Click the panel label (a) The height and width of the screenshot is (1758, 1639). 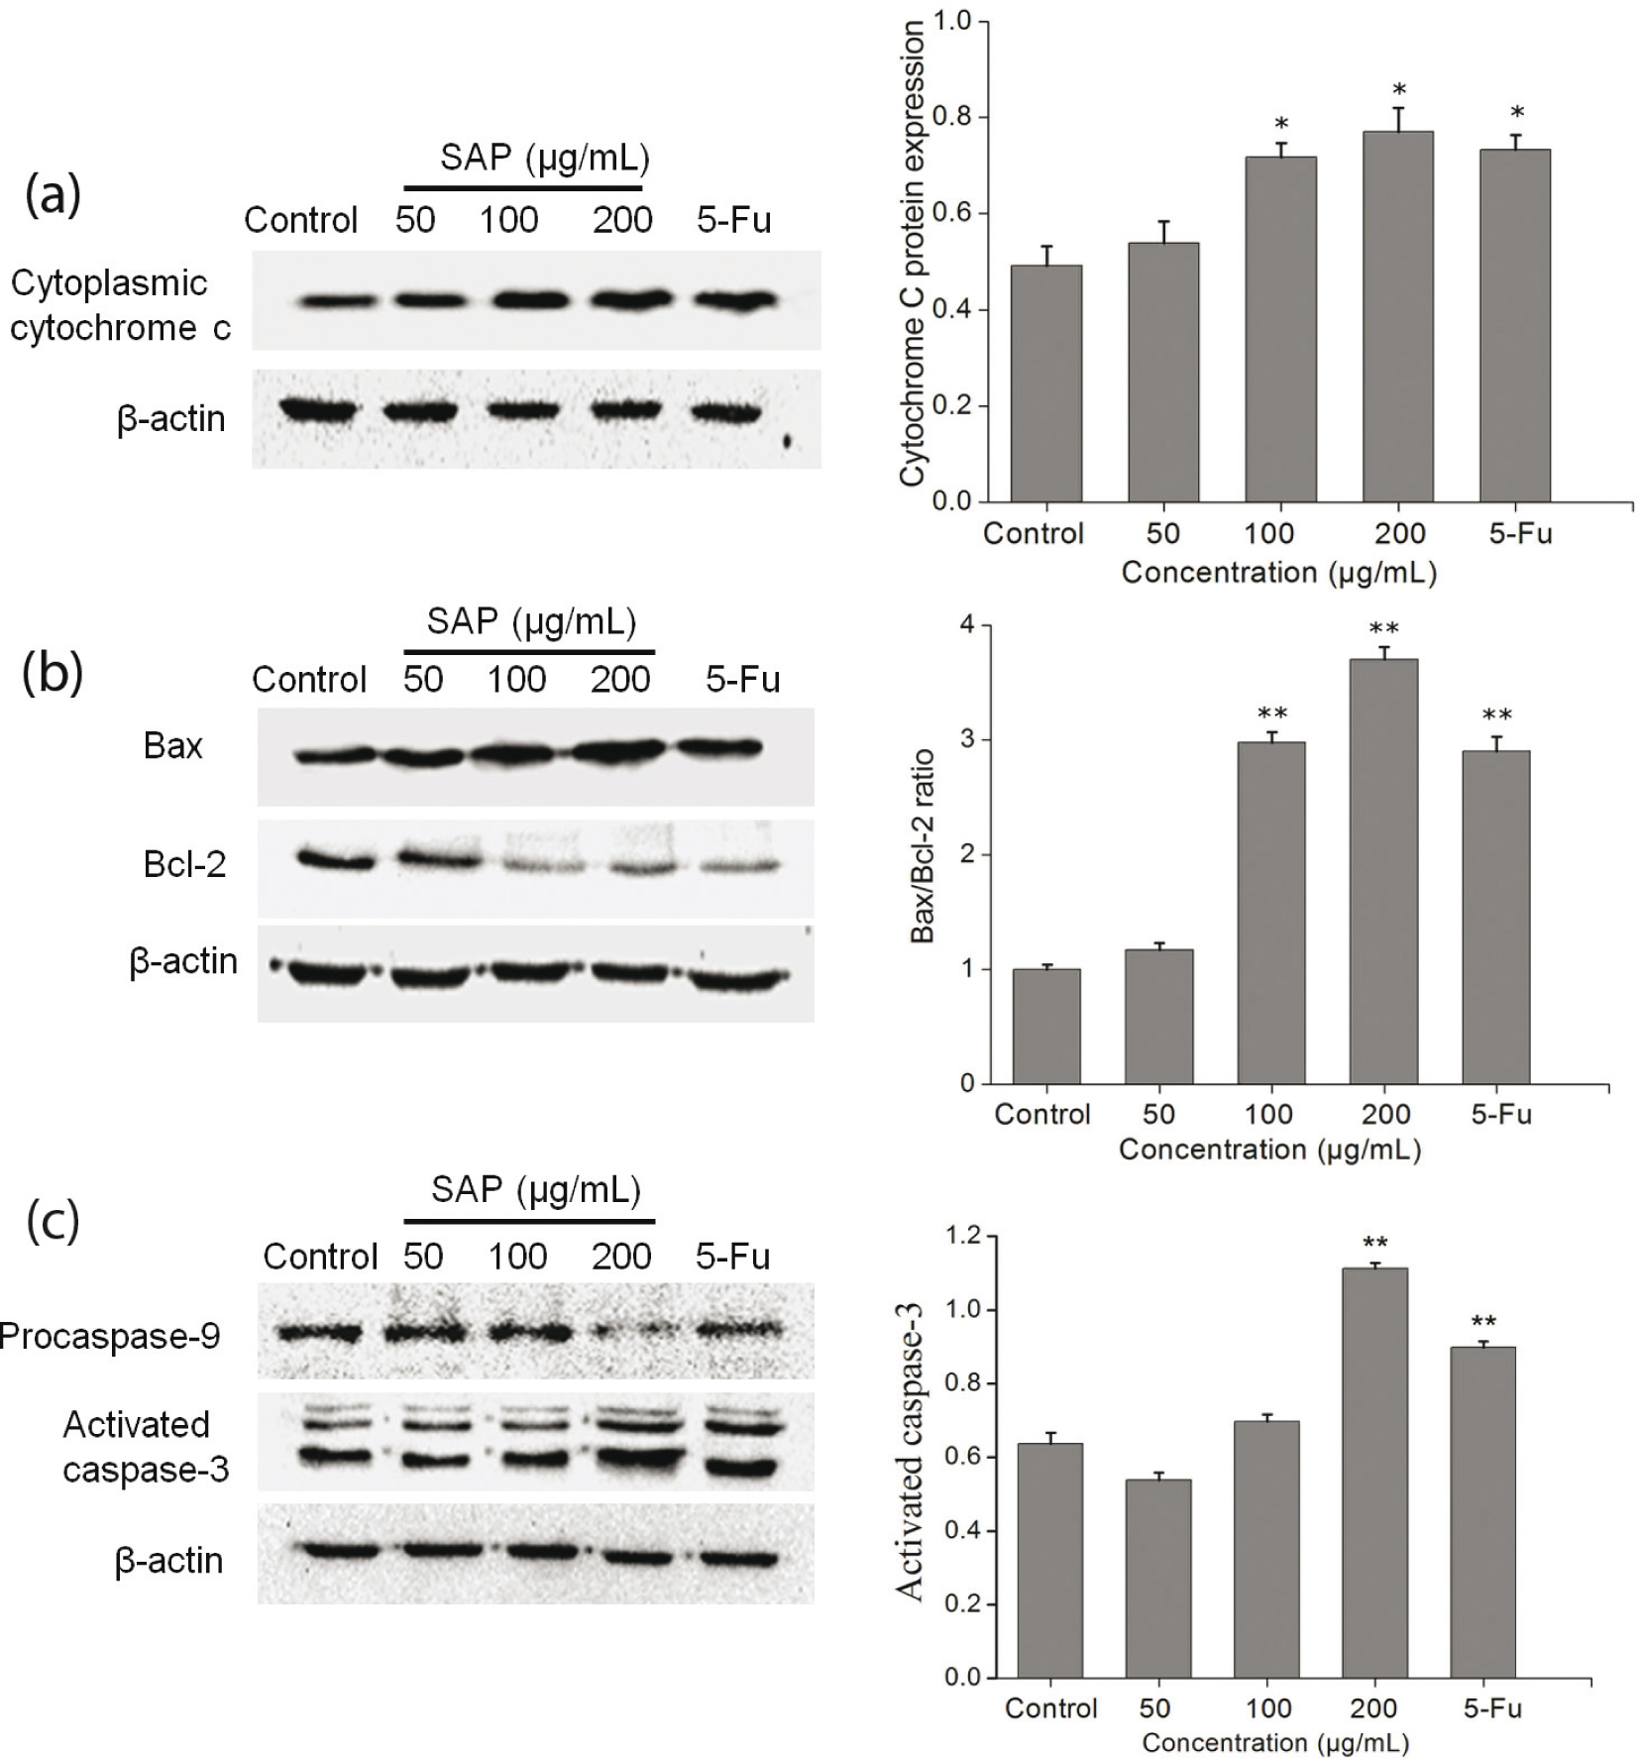pyautogui.click(x=52, y=194)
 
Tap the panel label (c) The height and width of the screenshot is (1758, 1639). pyautogui.click(x=52, y=1221)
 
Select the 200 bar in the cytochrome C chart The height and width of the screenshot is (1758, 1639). pyautogui.click(x=1397, y=317)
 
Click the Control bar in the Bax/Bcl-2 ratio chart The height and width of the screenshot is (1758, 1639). pyautogui.click(x=1046, y=1027)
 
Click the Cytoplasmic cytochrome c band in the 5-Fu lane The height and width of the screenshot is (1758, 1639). pyautogui.click(x=733, y=300)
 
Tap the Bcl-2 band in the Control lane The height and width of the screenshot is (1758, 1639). pyautogui.click(x=337, y=859)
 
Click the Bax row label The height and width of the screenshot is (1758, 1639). pyautogui.click(x=172, y=745)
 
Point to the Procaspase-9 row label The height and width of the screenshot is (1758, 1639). pyautogui.click(x=110, y=1336)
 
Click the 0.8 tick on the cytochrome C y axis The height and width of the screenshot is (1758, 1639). pyautogui.click(x=951, y=117)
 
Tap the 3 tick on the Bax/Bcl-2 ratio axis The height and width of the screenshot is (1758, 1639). pyautogui.click(x=967, y=740)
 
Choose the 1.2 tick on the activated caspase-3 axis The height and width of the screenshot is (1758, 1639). pyautogui.click(x=962, y=1236)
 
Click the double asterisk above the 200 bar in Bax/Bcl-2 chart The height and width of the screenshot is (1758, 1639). pyautogui.click(x=1383, y=629)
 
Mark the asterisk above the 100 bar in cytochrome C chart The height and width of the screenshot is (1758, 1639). pyautogui.click(x=1281, y=125)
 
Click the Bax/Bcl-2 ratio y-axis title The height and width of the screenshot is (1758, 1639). pyautogui.click(x=923, y=846)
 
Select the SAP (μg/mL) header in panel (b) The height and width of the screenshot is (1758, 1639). pyautogui.click(x=531, y=621)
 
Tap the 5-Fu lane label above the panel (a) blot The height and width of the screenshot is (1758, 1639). pyautogui.click(x=733, y=219)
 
